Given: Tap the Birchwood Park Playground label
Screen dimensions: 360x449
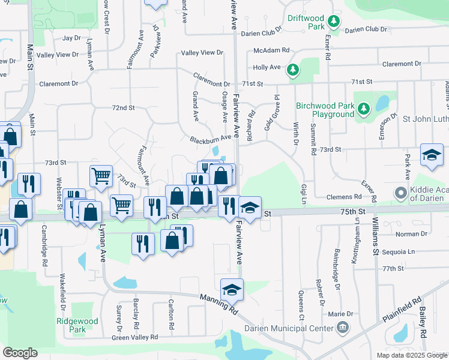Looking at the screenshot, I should tap(325, 110).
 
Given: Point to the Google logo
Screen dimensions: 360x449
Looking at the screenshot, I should tap(20, 353).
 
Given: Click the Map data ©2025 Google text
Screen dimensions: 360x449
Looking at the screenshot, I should tap(412, 355).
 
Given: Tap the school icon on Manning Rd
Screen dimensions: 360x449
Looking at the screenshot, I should tap(232, 290).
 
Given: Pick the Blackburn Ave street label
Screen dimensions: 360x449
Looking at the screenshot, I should tap(210, 137).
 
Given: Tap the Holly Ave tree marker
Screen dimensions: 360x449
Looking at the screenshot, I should tap(293, 70).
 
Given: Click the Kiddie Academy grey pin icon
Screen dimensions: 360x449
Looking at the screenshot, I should tap(401, 193).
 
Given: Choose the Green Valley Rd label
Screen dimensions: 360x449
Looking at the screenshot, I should tap(135, 338).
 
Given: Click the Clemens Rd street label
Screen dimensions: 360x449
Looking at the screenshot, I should tap(344, 196).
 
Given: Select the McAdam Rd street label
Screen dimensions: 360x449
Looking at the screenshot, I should tap(271, 50).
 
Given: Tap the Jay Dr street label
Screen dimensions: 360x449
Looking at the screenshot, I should tap(71, 38).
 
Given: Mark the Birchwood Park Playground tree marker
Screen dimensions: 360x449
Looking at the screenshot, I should tap(363, 109).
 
